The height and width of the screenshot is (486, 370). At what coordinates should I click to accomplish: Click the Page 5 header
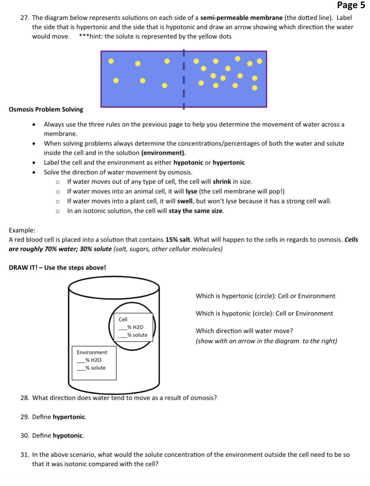point(351,5)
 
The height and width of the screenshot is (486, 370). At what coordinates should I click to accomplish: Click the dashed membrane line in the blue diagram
point(184,79)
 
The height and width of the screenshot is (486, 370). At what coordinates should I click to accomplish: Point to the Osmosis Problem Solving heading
point(46,110)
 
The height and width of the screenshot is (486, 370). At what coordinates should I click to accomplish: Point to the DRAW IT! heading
point(57,268)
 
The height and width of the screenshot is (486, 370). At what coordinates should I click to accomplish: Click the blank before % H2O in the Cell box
point(123,327)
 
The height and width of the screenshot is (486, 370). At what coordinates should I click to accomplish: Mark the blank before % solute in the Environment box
point(81,368)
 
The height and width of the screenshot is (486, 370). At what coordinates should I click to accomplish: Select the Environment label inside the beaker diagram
point(92,352)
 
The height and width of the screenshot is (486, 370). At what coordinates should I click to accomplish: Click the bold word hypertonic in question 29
point(69,417)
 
